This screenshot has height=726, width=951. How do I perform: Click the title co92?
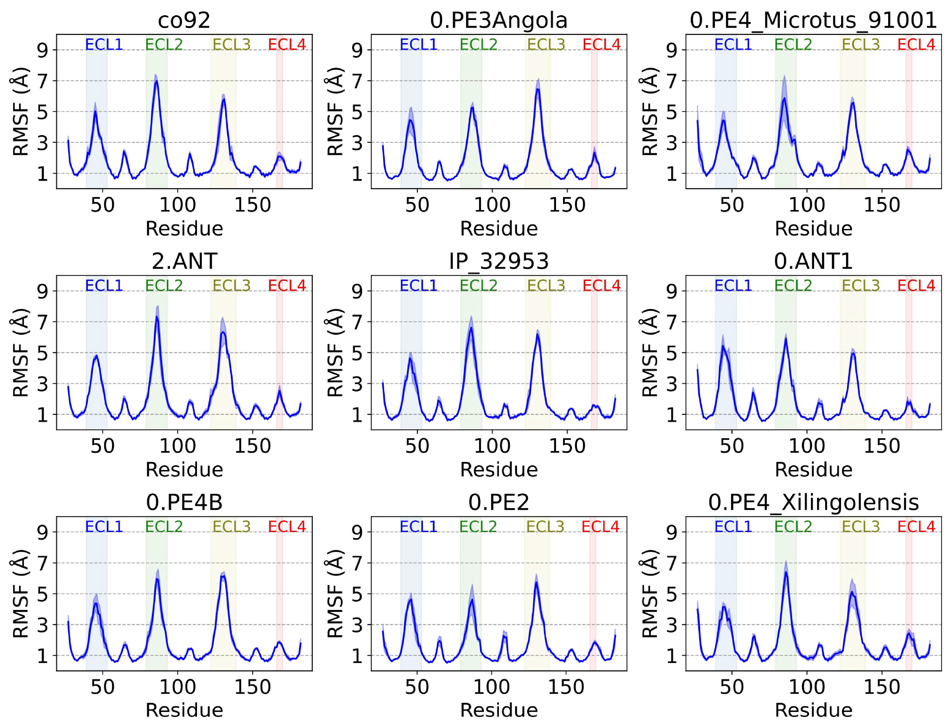tap(184, 20)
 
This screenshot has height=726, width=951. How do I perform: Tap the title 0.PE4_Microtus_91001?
tap(813, 20)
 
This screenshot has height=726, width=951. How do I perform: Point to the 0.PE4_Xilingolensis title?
tap(813, 502)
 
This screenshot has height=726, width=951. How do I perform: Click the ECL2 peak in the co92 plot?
tap(156, 81)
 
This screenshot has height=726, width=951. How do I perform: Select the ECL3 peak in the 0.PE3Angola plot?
tap(537, 89)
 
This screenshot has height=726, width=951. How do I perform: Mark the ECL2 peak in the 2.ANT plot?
tap(157, 316)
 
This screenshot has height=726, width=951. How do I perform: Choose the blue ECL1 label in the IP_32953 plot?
tap(418, 285)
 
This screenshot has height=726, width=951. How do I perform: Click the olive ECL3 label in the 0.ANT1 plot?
tap(861, 285)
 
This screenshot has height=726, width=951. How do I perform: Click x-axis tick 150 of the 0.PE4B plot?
tap(253, 687)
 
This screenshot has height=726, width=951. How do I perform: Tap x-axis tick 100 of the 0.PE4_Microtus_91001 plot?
tap(807, 205)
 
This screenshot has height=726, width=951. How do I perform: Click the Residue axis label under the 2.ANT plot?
tap(184, 469)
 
